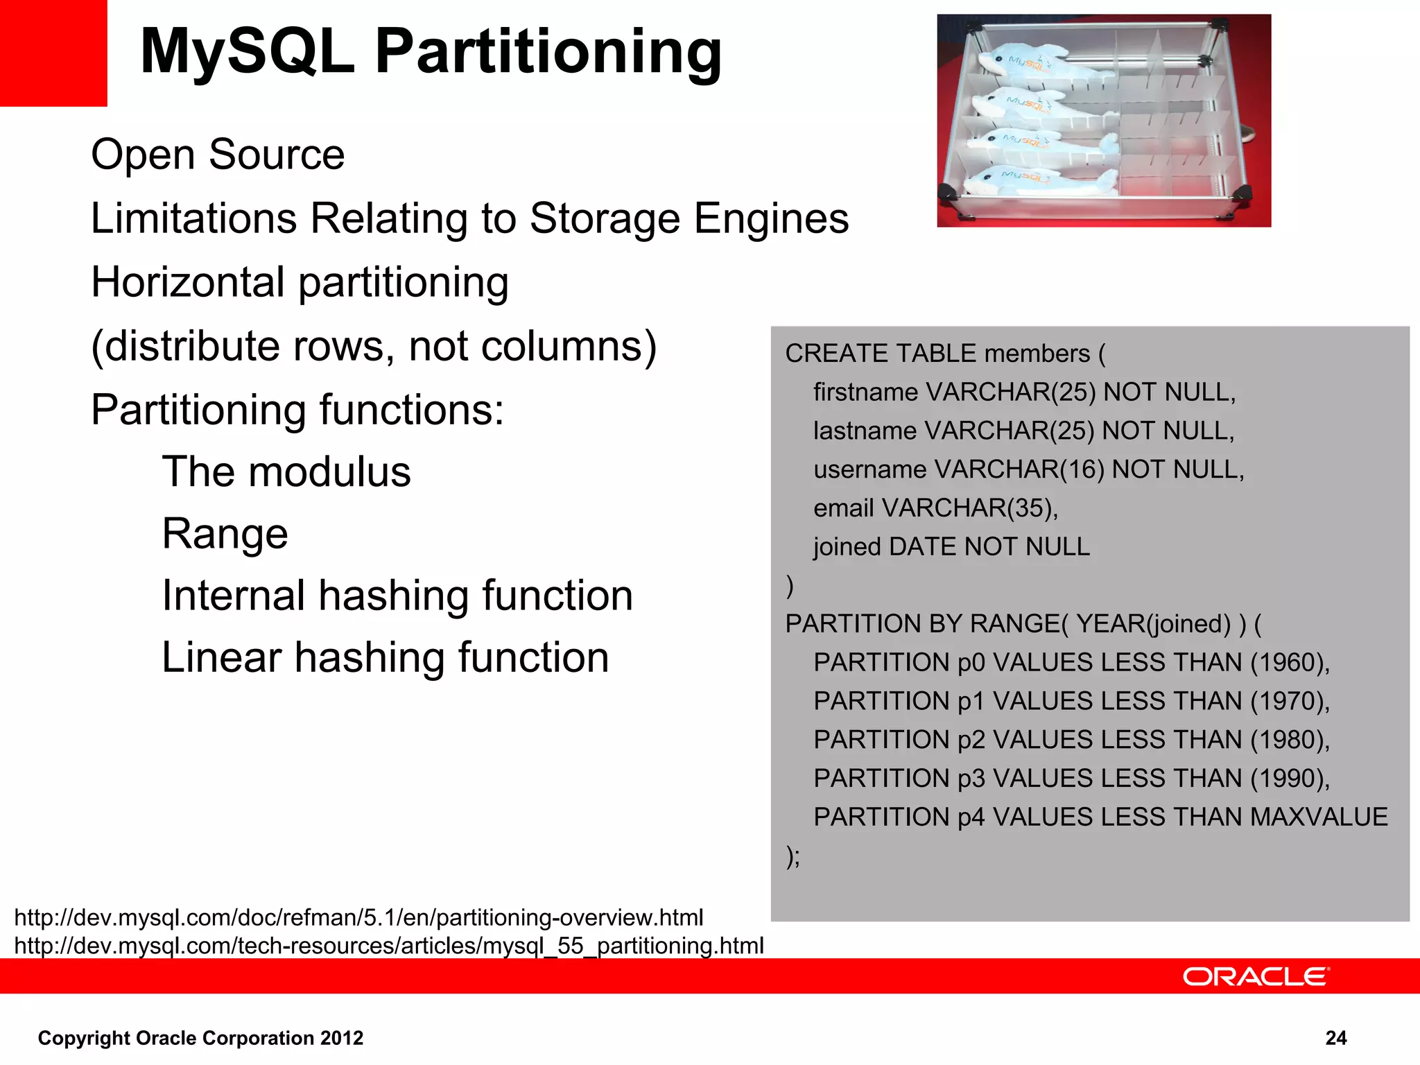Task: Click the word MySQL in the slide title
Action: click(x=247, y=52)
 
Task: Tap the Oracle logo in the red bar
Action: click(x=1256, y=976)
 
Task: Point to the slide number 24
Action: click(x=1335, y=1038)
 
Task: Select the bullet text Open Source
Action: click(x=218, y=154)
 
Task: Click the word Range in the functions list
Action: click(x=225, y=533)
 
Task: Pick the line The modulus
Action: click(x=286, y=471)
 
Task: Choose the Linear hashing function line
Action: click(x=385, y=657)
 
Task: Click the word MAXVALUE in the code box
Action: click(x=1319, y=817)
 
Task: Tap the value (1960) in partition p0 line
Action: click(x=1289, y=663)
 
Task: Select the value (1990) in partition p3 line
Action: click(x=1289, y=779)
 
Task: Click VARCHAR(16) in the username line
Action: click(x=1019, y=470)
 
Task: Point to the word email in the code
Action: click(x=843, y=508)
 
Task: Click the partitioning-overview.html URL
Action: click(x=358, y=917)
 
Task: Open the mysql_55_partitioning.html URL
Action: click(x=388, y=946)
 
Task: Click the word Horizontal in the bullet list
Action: click(x=188, y=282)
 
